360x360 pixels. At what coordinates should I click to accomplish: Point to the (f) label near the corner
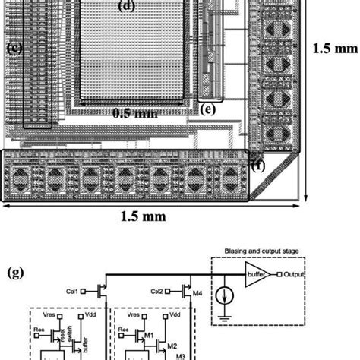(258, 163)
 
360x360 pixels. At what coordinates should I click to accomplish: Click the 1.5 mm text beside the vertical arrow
(334, 47)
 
